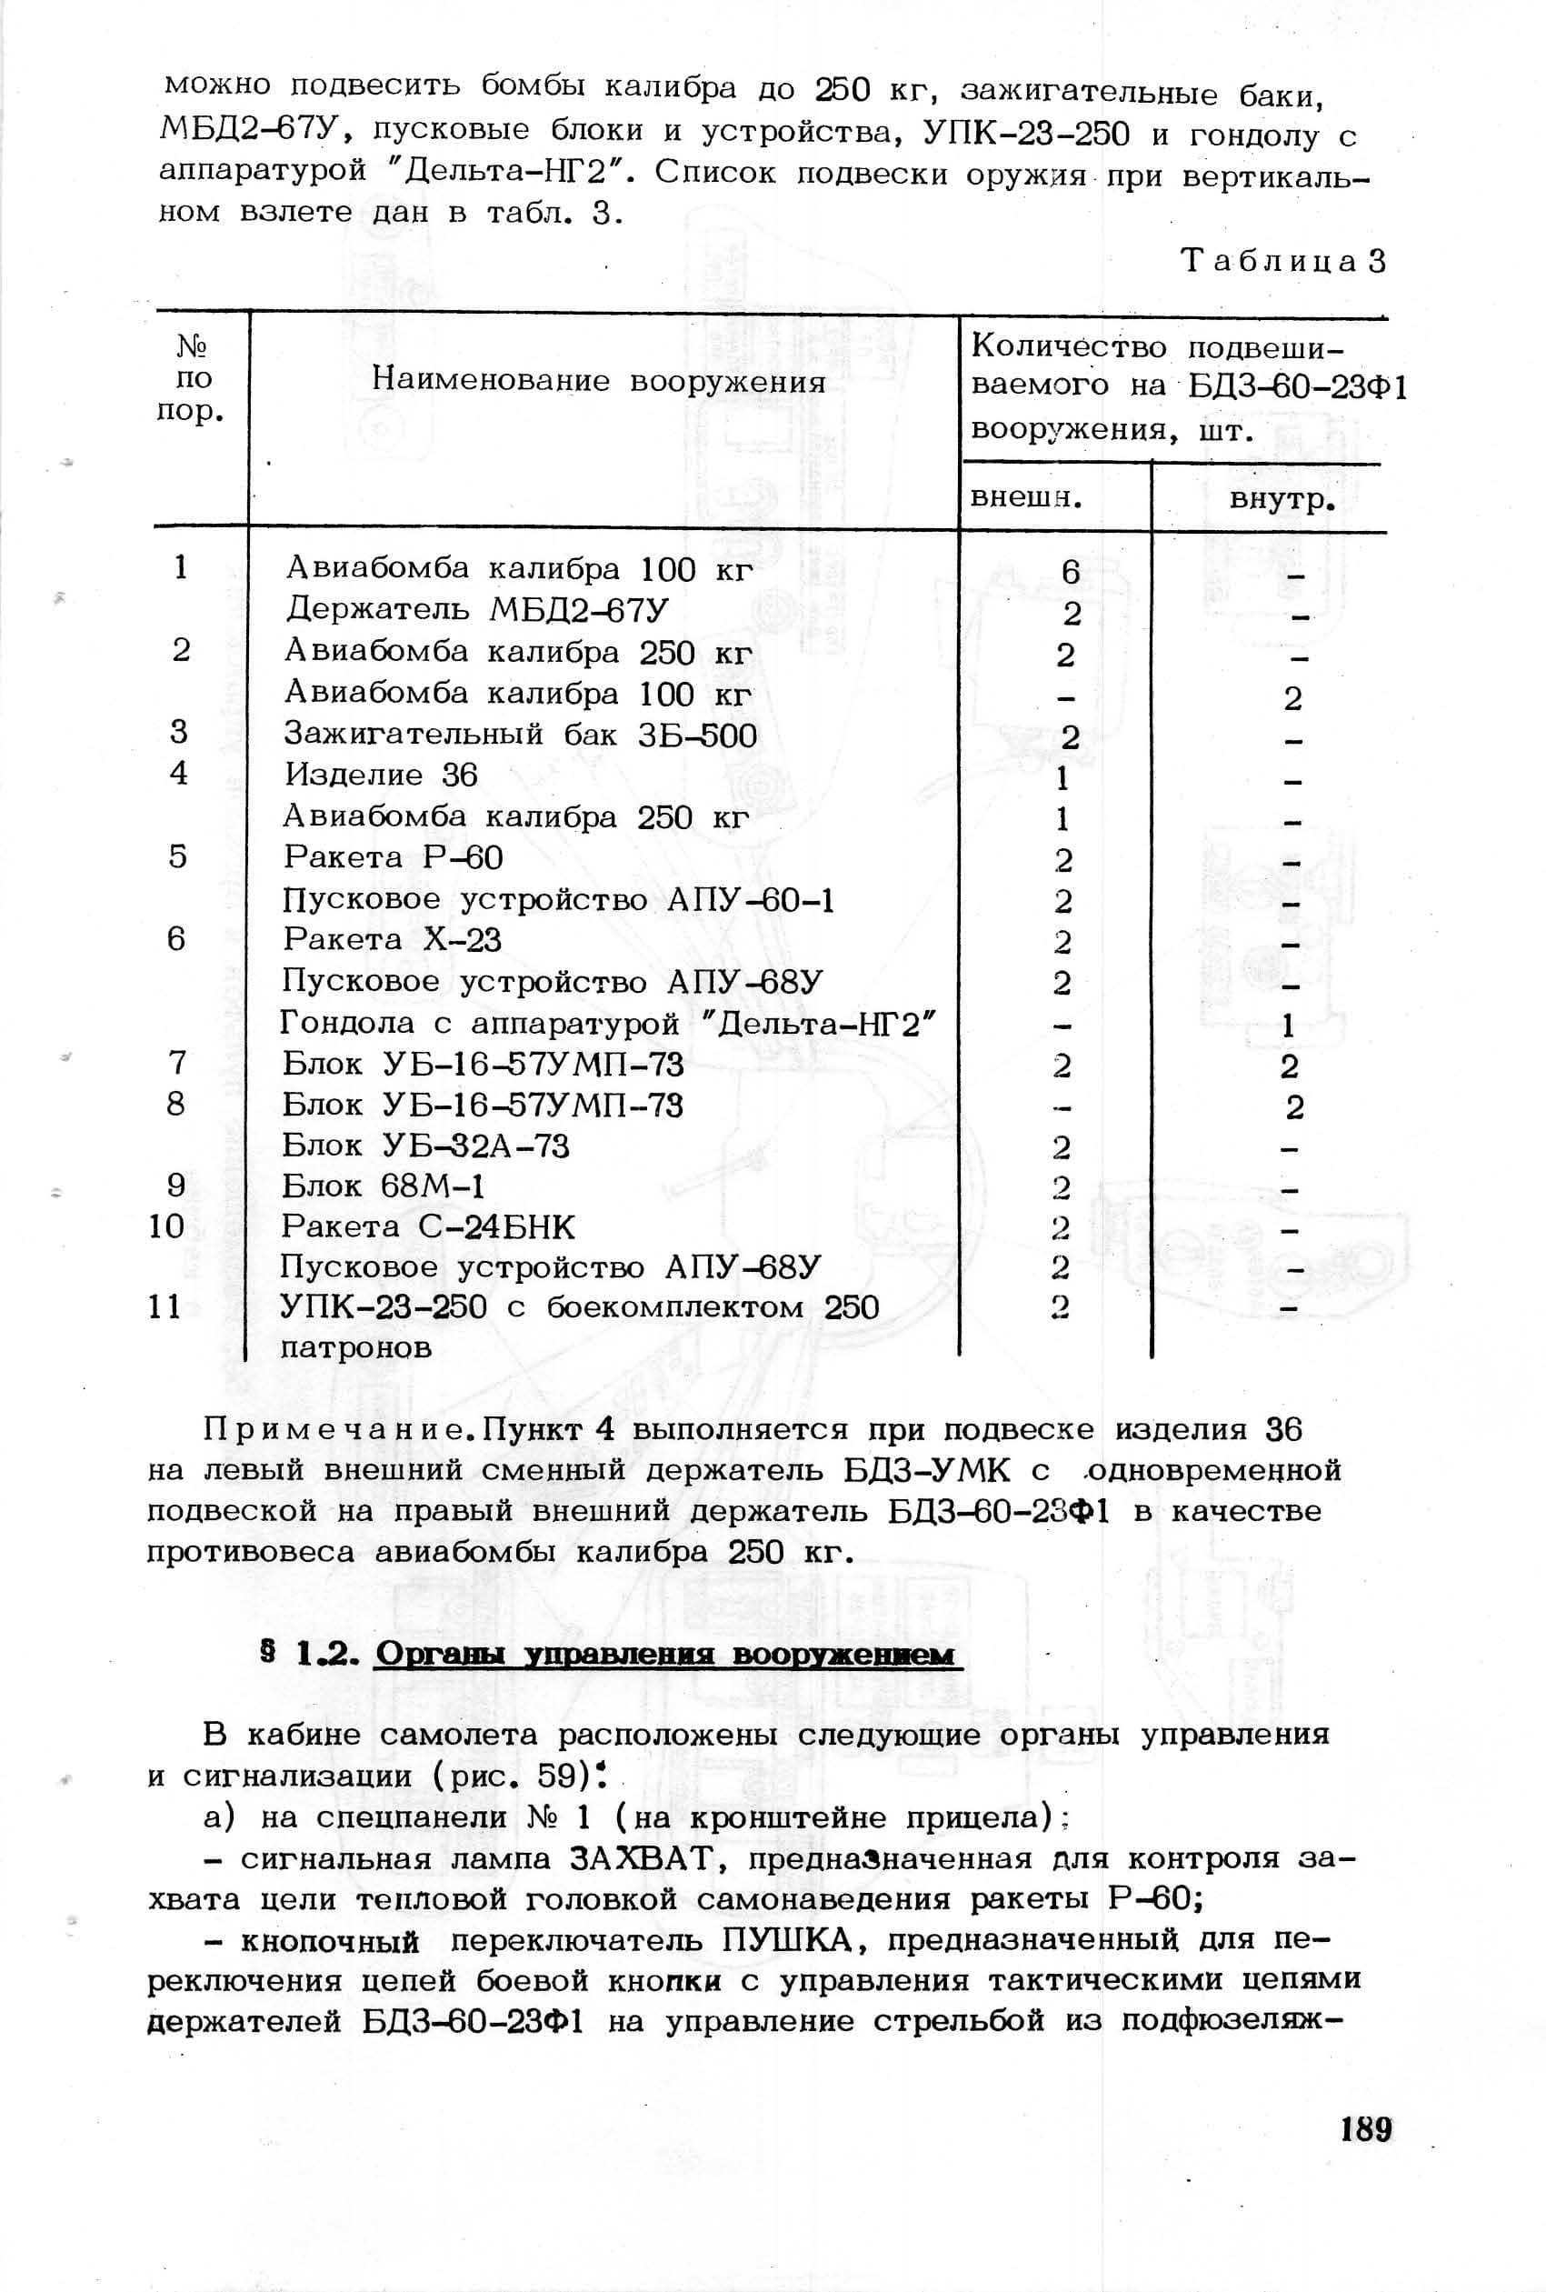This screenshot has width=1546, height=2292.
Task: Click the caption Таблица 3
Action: pos(1282,261)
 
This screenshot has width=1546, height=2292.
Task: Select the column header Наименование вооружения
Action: pos(598,382)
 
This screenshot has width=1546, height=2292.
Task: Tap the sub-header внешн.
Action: pos(1025,497)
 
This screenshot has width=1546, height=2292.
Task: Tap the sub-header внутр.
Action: pos(1282,500)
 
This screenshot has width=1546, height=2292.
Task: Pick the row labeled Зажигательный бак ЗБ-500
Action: pos(521,735)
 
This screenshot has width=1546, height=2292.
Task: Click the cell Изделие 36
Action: pos(381,776)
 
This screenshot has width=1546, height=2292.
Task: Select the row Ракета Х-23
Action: pos(392,940)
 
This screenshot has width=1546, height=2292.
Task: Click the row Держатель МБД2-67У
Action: pos(477,609)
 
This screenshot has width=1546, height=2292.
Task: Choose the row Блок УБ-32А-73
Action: pos(425,1146)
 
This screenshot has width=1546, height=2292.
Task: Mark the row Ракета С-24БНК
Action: pos(427,1226)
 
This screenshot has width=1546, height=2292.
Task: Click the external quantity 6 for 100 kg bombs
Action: pos(1071,571)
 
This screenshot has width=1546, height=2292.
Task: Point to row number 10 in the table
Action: pos(166,1226)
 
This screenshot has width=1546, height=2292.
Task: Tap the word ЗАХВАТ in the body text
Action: pos(642,1859)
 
